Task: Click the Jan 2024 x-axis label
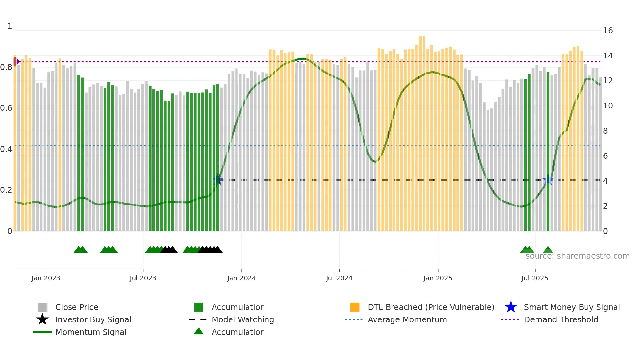click(241, 278)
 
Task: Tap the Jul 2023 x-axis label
click(143, 278)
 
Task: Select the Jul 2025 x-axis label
click(535, 278)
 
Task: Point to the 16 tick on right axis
click(608, 31)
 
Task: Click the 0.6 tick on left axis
click(6, 108)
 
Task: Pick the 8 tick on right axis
click(605, 131)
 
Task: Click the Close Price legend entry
click(77, 307)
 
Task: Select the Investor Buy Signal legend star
click(42, 319)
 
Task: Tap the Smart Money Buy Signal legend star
click(511, 307)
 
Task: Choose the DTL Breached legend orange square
click(355, 307)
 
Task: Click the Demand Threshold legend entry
click(561, 319)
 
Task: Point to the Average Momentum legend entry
click(407, 319)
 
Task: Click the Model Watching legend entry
click(242, 319)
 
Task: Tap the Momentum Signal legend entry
click(91, 332)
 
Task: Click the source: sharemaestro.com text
click(577, 256)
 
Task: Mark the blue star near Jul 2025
click(548, 180)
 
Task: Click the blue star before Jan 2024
click(217, 180)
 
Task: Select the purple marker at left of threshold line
click(16, 61)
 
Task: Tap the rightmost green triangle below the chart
click(548, 250)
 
